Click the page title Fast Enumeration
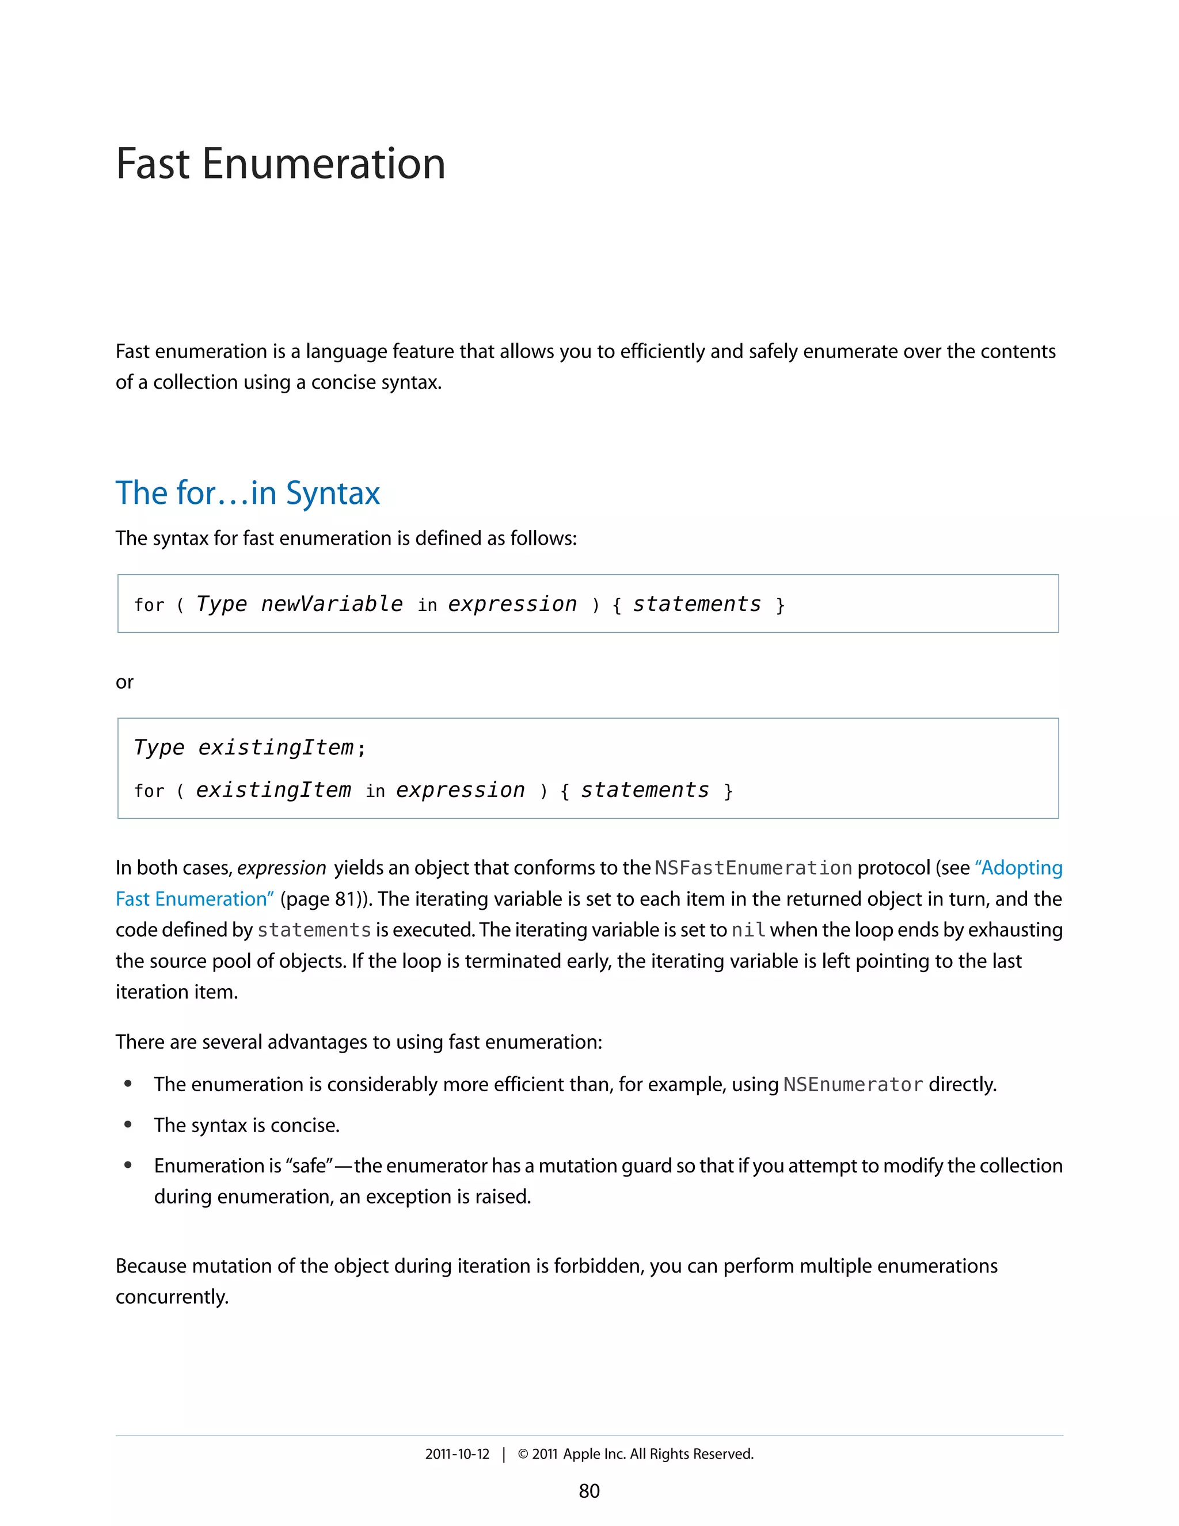click(280, 164)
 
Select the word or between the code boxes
click(124, 682)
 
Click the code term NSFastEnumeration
click(753, 868)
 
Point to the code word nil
click(748, 930)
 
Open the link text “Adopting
click(1018, 868)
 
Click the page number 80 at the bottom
click(589, 1491)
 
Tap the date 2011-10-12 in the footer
click(458, 1454)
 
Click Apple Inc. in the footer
click(594, 1454)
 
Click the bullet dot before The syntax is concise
click(128, 1125)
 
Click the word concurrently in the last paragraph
click(172, 1297)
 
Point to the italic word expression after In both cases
click(282, 868)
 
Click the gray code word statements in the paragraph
click(314, 930)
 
